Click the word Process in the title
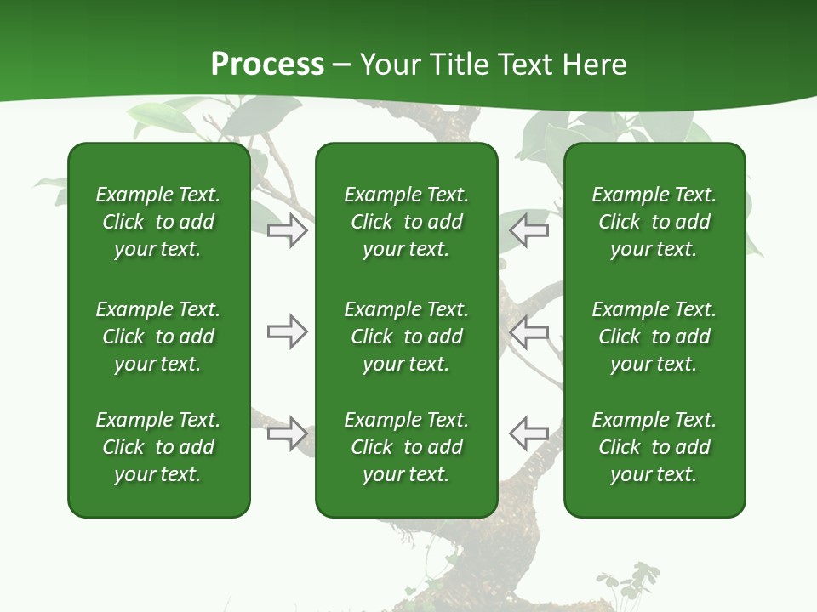[267, 65]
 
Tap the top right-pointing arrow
[287, 230]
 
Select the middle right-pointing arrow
[287, 331]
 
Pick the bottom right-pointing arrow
[287, 433]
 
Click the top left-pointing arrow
[529, 230]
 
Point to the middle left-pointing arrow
[529, 331]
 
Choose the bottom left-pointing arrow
[529, 433]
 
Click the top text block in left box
[158, 222]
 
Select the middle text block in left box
[158, 337]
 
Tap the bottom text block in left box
[158, 447]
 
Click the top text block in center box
[406, 222]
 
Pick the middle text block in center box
[406, 337]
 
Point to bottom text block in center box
[406, 447]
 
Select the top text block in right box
[654, 222]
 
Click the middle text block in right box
[654, 337]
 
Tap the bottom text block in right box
[654, 447]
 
